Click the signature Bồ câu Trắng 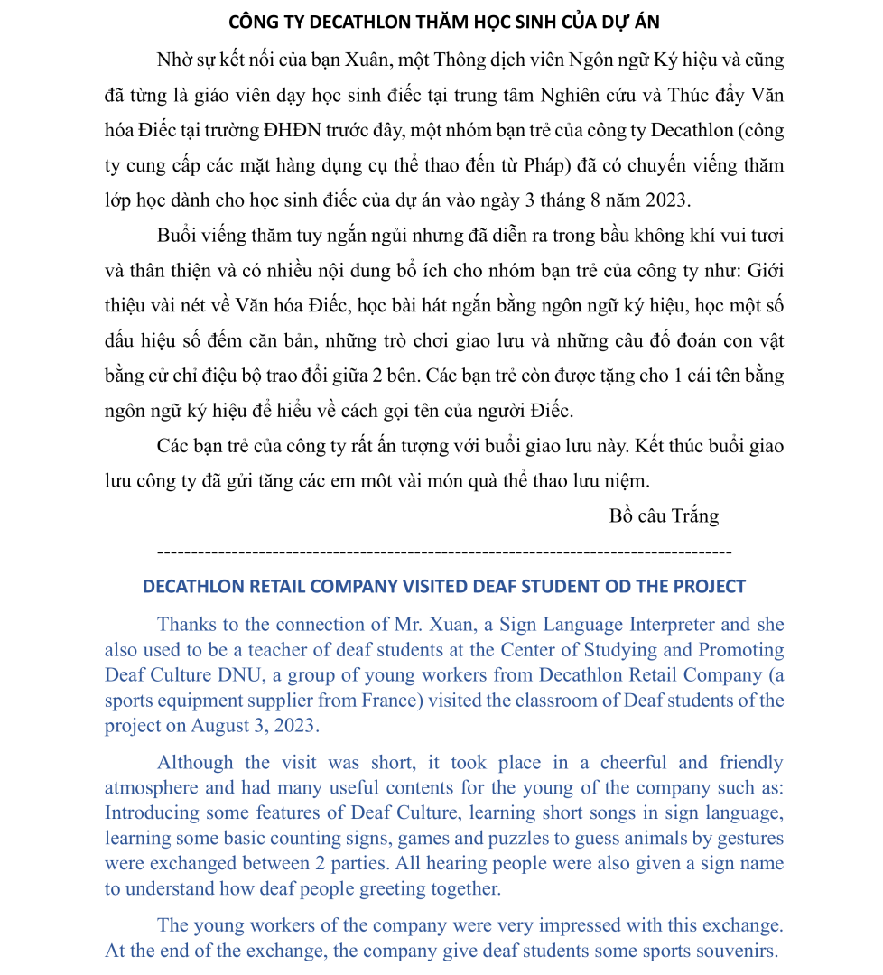[664, 516]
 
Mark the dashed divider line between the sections [443, 550]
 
